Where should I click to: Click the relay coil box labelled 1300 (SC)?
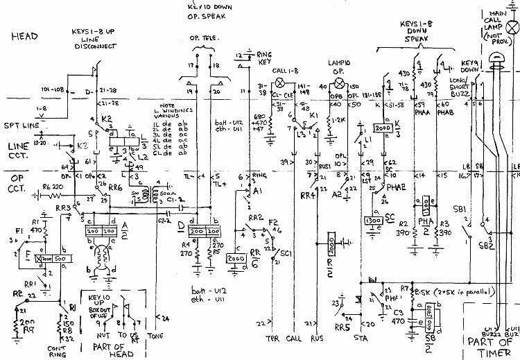point(373,221)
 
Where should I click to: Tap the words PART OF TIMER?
point(488,345)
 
